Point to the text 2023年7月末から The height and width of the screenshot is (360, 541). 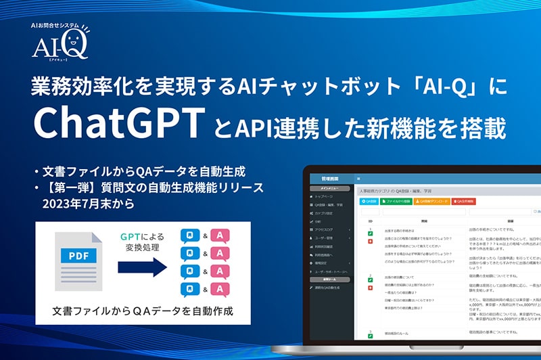pos(90,202)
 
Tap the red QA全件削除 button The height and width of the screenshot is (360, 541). pos(466,201)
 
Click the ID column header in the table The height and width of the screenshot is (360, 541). pos(371,221)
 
